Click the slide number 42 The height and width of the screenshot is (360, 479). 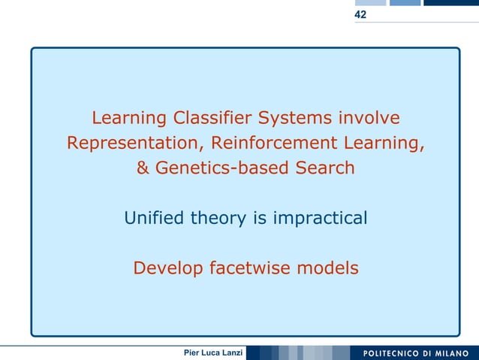point(361,14)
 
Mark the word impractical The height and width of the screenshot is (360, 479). point(319,218)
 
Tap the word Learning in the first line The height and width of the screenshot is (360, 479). point(129,119)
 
